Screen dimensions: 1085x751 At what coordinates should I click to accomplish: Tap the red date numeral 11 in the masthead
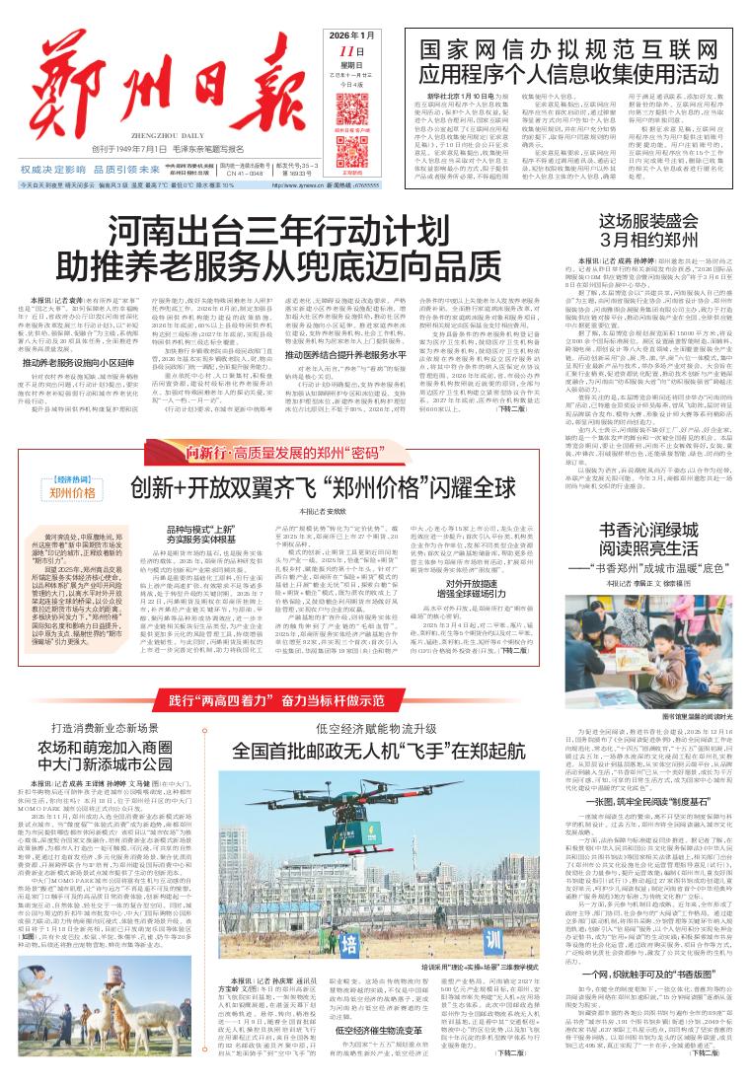(x=345, y=51)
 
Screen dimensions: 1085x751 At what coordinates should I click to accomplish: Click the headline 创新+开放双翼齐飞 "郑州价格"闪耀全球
(x=324, y=488)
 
